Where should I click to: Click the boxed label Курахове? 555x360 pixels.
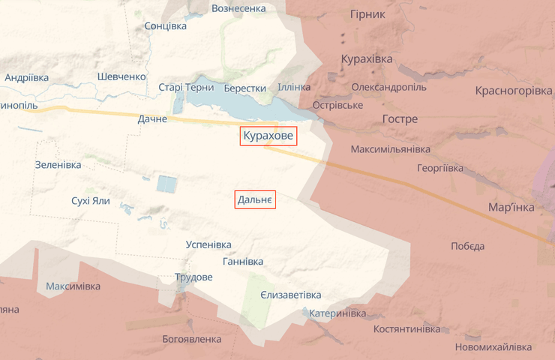268,136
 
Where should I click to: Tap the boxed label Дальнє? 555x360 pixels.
256,199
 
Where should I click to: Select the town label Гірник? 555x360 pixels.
367,14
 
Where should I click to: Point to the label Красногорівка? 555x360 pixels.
513,91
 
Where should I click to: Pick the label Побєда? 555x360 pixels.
467,246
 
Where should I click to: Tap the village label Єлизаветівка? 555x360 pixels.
290,295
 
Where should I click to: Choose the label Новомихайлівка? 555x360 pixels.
493,346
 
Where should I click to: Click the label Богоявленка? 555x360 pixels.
192,339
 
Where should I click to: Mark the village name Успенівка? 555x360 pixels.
208,244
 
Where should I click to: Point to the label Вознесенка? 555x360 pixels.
238,8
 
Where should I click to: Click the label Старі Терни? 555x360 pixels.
185,87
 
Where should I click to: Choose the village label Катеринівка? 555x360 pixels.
337,313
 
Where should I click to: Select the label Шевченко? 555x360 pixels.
121,76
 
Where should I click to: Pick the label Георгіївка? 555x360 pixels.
440,169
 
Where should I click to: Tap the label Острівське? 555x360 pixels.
337,104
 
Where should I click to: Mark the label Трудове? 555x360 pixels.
193,277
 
